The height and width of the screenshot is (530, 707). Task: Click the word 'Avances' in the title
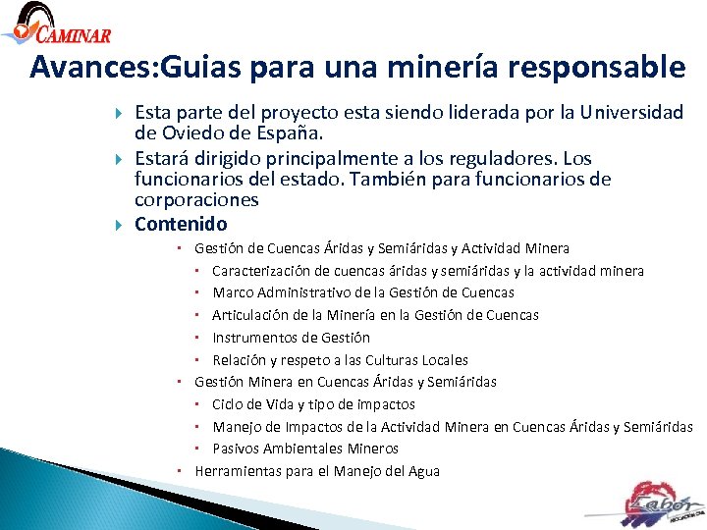click(84, 68)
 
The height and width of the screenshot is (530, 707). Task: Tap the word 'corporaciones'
click(196, 199)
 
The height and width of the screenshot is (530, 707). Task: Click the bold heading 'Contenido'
click(181, 224)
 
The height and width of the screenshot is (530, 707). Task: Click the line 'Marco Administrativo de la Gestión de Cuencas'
click(363, 292)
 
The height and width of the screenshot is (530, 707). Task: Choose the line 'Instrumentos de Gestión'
click(291, 338)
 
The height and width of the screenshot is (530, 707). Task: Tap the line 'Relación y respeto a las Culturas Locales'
click(340, 360)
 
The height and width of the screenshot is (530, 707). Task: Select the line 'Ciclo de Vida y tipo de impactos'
click(313, 404)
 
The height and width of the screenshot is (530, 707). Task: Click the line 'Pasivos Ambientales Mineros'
click(305, 449)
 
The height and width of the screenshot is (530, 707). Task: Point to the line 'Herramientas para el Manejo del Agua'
click(317, 471)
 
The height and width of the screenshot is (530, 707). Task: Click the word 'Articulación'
click(253, 315)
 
